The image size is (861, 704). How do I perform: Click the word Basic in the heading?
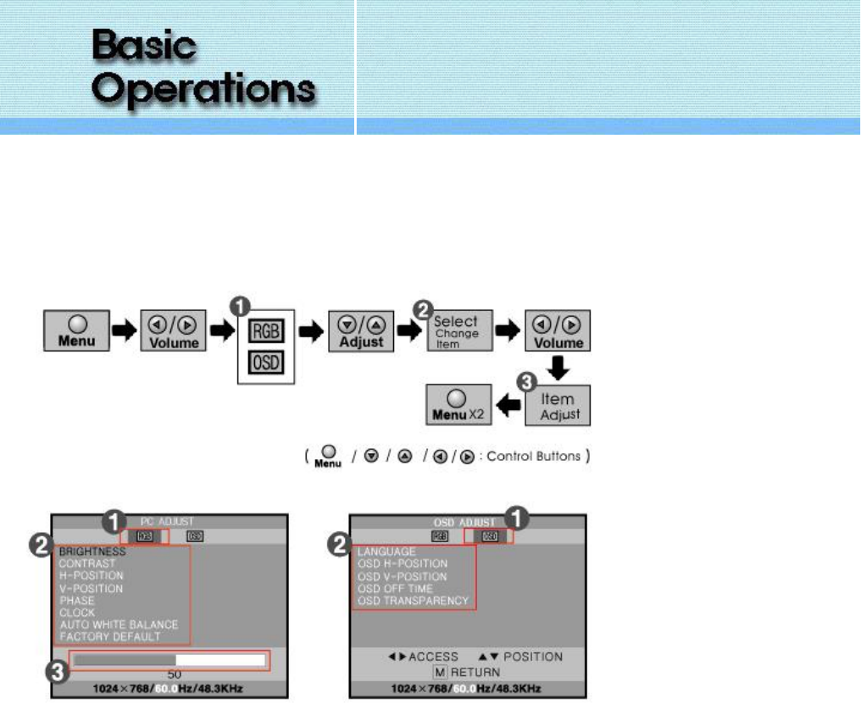pyautogui.click(x=144, y=46)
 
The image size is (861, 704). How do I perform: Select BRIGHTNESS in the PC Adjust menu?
pyautogui.click(x=92, y=552)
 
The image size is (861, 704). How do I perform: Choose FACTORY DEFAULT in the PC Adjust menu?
pyautogui.click(x=110, y=636)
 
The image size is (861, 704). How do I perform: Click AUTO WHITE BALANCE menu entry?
pyautogui.click(x=119, y=624)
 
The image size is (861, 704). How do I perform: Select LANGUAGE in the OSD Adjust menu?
pyautogui.click(x=386, y=552)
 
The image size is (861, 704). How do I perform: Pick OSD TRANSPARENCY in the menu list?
pyautogui.click(x=413, y=601)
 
